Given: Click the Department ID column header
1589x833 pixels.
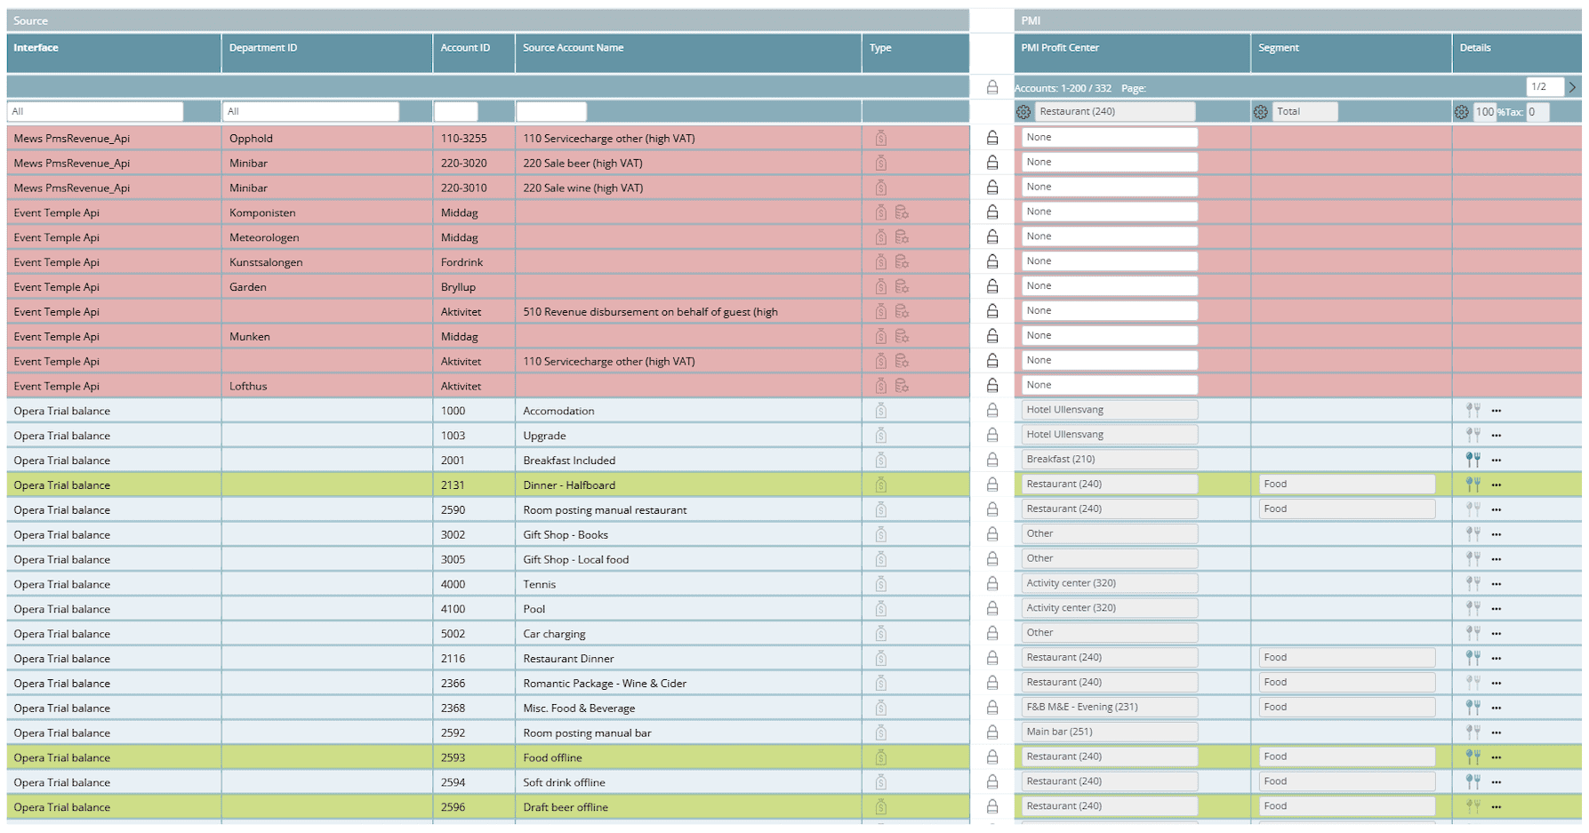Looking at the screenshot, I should (x=263, y=48).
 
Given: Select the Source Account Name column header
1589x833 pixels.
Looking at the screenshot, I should (x=573, y=48).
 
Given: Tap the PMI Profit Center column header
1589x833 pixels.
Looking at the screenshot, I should (x=1060, y=48).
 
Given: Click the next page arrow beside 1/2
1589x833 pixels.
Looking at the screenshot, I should (x=1572, y=87).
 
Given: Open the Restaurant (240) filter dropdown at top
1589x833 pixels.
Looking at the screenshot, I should (x=1115, y=112).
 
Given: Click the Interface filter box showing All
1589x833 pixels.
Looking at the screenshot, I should (x=95, y=112).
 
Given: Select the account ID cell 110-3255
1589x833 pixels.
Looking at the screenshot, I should (x=464, y=139).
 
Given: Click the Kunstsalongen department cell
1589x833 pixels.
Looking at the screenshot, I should (x=266, y=262).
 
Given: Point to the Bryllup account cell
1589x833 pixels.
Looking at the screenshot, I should (x=459, y=287).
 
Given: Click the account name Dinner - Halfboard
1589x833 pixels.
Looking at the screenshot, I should (x=569, y=485).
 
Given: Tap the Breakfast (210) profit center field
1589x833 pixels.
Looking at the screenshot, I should (x=1109, y=460).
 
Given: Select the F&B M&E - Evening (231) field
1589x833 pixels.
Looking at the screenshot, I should (x=1109, y=708).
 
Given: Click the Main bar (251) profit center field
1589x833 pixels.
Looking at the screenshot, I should (x=1109, y=733).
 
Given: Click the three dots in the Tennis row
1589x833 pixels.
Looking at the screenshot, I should (x=1497, y=584).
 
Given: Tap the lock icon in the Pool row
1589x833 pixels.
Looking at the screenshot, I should (x=992, y=609).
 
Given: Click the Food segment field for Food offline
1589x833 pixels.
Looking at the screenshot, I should (x=1345, y=757).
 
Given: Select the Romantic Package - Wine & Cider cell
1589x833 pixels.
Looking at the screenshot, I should (x=605, y=684).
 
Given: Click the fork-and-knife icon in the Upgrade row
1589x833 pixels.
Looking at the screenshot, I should (x=1473, y=435).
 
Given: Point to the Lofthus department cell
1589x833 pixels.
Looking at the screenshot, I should (x=248, y=387).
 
